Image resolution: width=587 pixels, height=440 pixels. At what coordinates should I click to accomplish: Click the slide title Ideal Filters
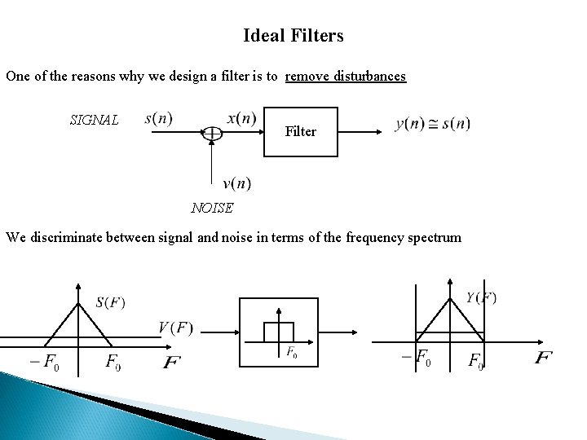(x=293, y=36)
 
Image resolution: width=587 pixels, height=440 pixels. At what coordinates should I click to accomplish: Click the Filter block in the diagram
(x=301, y=130)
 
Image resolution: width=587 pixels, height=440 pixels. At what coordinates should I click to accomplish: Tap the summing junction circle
(x=212, y=131)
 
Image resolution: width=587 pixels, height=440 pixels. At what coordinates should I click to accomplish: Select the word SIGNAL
(x=95, y=121)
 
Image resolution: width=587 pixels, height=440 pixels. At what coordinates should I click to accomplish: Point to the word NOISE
(x=212, y=207)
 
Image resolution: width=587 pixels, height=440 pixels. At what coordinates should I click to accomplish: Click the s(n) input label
(x=158, y=118)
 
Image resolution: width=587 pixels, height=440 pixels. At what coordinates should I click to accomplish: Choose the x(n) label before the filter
(x=241, y=118)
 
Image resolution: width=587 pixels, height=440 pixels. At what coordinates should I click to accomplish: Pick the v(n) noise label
(x=236, y=183)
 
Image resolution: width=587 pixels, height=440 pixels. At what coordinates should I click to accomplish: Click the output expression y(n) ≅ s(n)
(x=432, y=124)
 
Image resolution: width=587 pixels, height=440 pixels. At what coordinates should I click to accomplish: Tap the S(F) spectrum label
(x=110, y=302)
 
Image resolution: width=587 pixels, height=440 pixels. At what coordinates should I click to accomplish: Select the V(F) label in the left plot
(x=175, y=328)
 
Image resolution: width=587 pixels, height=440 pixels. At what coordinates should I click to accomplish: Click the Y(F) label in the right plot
(x=481, y=297)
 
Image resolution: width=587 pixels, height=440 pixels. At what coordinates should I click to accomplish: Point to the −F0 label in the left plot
(x=44, y=361)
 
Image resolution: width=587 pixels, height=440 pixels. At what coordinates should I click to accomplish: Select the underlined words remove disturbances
(x=346, y=77)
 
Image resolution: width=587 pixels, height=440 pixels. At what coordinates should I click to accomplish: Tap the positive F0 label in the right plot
(x=475, y=360)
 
